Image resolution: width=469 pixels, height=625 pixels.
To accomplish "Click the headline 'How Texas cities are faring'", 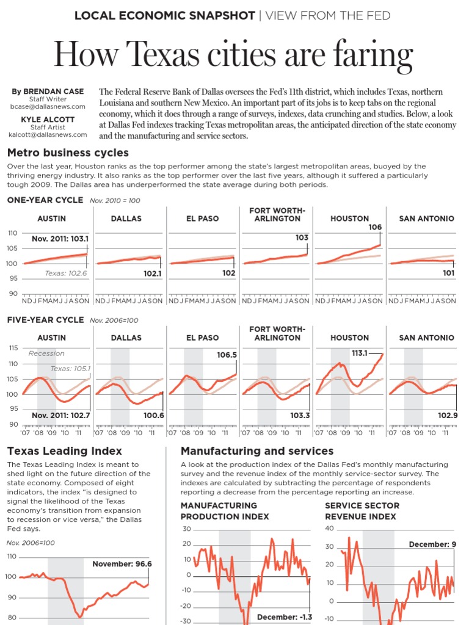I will click(x=234, y=54).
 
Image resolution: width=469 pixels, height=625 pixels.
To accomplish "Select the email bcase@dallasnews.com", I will click(x=48, y=106).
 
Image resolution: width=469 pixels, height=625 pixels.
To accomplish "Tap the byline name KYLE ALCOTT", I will click(x=48, y=119).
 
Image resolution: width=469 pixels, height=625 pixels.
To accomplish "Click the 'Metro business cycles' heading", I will click(x=68, y=153).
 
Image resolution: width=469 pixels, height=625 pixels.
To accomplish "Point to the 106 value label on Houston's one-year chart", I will click(x=375, y=227).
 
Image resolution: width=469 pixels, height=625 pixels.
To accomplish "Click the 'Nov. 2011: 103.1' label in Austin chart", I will click(x=60, y=239).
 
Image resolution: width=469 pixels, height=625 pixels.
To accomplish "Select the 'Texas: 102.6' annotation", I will click(x=66, y=273).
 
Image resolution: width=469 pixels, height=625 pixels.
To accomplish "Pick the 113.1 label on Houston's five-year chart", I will click(x=360, y=353).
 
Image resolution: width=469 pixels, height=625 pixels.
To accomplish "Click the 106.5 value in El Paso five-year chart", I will click(x=227, y=355).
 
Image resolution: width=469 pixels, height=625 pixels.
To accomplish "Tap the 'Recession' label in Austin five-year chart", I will click(x=46, y=353).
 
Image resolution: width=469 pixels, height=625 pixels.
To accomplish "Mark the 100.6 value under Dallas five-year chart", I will click(x=153, y=415).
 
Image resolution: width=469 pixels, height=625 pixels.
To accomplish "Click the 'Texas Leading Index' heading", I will click(x=64, y=451).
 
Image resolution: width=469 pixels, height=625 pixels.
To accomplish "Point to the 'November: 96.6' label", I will click(x=122, y=564).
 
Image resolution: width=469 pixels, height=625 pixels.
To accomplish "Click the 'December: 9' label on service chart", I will click(x=432, y=544).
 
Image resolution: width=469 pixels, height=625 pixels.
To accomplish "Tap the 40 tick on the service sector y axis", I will click(x=330, y=529).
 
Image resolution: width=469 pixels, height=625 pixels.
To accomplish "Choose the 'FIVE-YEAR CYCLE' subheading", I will click(x=45, y=320).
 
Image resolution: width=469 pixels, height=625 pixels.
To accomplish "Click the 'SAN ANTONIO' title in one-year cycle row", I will click(x=426, y=219).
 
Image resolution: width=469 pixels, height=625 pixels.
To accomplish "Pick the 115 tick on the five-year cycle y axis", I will click(x=12, y=348).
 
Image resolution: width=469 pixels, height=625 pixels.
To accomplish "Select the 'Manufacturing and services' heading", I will click(x=257, y=451).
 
